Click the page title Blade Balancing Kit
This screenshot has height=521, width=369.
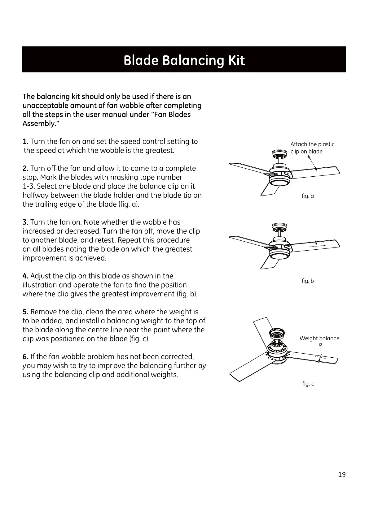point(184,60)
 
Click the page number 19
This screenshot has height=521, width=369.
point(342,475)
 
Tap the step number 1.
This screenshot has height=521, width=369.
point(25,142)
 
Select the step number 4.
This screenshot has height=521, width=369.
point(25,276)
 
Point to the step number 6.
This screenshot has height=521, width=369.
point(25,357)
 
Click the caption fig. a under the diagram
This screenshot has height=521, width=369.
point(308,196)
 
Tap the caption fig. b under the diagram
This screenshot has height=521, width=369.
point(308,281)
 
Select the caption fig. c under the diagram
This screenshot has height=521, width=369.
point(308,384)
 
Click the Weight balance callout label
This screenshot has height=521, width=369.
point(319,338)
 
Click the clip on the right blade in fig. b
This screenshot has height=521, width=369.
point(315,242)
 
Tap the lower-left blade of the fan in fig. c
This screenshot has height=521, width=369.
point(248,368)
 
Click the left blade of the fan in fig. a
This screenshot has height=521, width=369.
point(248,167)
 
